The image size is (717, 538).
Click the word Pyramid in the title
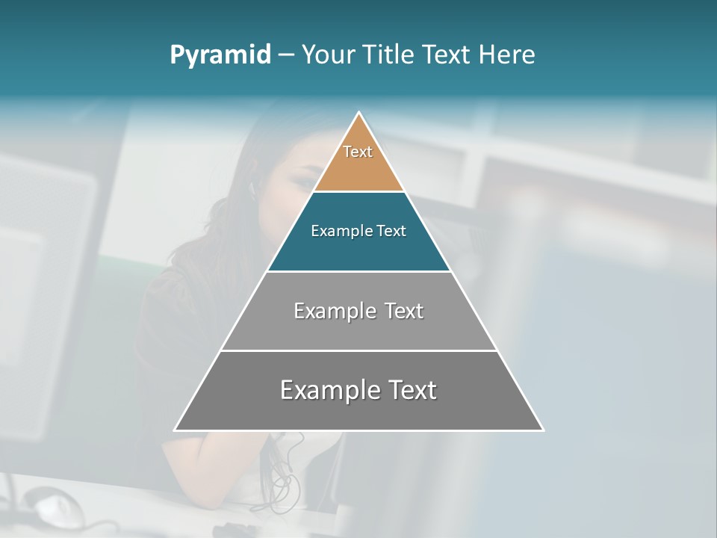tap(220, 55)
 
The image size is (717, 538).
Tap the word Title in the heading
tap(387, 55)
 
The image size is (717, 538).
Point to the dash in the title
tap(286, 55)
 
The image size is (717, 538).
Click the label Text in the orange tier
tap(358, 152)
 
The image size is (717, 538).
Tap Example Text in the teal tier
tap(358, 231)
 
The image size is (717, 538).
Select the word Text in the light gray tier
tap(404, 311)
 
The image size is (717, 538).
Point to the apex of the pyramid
tap(359, 114)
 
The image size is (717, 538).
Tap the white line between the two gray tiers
tap(358, 350)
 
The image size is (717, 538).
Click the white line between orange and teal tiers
tap(358, 191)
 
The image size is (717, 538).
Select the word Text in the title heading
tap(446, 55)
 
